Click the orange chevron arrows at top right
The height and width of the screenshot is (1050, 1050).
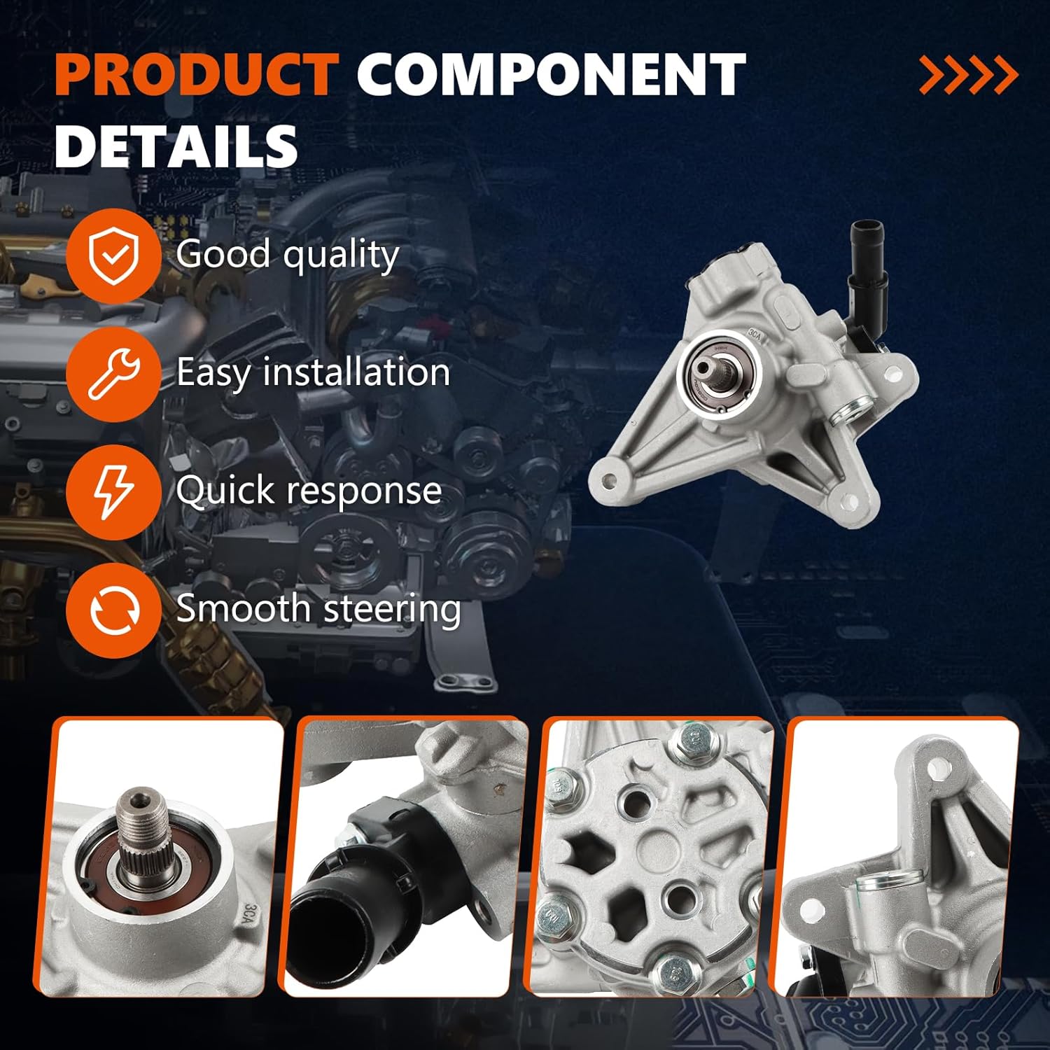(969, 75)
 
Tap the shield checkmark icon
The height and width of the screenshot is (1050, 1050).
(113, 256)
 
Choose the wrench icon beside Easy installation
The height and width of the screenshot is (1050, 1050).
(113, 374)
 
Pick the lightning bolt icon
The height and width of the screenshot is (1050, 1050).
(113, 492)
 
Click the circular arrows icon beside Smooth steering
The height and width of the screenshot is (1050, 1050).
(113, 610)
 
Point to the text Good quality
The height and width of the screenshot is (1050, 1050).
(288, 255)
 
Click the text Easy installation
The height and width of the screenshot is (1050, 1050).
(313, 372)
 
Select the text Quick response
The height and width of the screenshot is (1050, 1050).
(309, 490)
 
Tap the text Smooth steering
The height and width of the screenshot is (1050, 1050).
(318, 608)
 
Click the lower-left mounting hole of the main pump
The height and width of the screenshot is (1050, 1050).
(608, 481)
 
